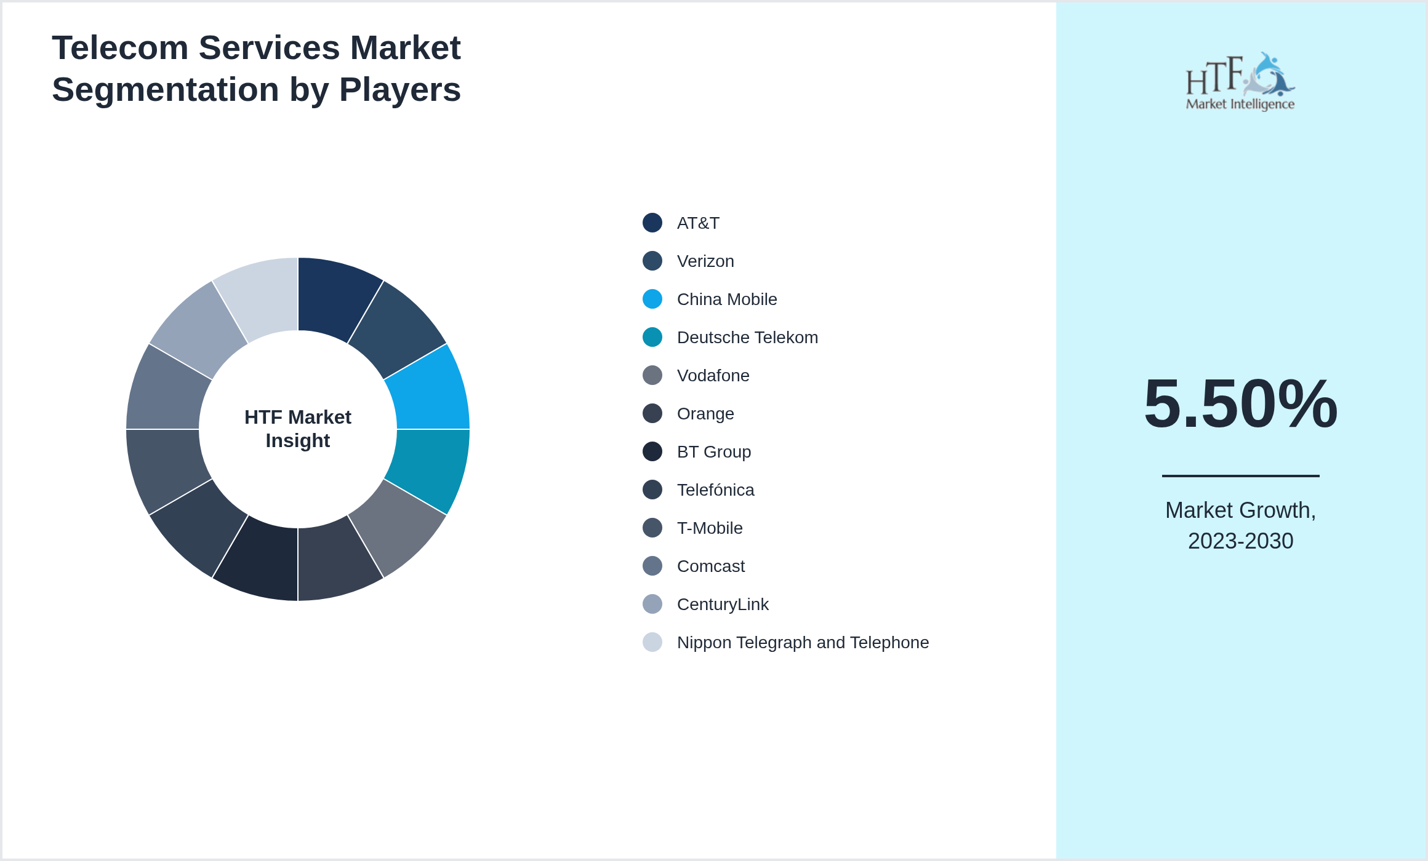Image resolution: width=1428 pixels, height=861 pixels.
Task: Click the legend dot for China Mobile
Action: [652, 299]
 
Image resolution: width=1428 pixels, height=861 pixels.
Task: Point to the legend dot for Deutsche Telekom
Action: [652, 337]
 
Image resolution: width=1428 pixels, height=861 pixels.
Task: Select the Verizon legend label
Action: [705, 261]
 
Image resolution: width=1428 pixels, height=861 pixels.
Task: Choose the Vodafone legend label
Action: [713, 375]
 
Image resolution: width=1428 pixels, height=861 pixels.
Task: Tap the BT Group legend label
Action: [713, 451]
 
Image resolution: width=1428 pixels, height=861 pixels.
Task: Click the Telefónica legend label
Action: [715, 490]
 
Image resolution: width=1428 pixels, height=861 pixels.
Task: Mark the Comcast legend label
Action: [710, 566]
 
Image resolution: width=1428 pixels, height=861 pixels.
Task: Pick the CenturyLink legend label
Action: [722, 604]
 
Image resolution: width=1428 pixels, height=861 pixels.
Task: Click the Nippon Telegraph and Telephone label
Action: [802, 642]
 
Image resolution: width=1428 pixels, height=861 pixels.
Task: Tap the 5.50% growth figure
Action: [1240, 403]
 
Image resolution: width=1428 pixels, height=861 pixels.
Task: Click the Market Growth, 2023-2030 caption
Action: [1240, 525]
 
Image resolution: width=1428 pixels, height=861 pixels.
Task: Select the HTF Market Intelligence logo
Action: [1240, 82]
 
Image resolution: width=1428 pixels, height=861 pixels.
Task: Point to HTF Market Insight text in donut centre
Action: [298, 429]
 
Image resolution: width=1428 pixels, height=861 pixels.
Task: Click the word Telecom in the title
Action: [120, 48]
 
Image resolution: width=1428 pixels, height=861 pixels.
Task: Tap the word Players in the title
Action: [399, 90]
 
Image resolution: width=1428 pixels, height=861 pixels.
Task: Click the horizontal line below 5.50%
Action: [1240, 475]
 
